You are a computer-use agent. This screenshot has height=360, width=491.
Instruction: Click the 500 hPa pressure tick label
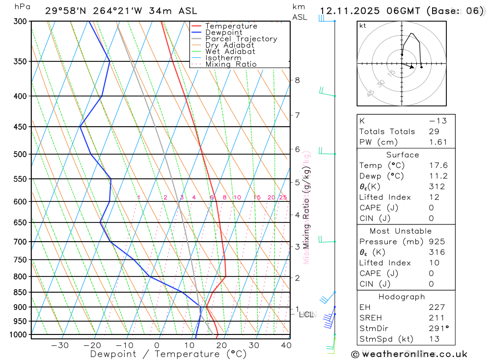pos(20,154)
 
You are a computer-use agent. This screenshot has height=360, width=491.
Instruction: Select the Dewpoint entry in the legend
pos(223,32)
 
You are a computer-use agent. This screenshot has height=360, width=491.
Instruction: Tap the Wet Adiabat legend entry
pos(230,52)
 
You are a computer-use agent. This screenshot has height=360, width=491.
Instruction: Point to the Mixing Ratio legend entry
pos(231,64)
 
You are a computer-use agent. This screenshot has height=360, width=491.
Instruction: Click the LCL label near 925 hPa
pos(306,314)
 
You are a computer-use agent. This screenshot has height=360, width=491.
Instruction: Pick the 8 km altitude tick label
pos(297,80)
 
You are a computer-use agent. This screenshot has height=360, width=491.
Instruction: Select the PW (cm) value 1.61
pos(437,142)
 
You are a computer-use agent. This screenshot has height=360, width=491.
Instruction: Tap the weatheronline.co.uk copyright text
pos(409,354)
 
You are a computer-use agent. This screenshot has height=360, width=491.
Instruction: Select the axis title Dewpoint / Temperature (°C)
pos(168,354)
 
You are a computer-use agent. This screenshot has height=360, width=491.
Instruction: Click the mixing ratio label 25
pos(283,197)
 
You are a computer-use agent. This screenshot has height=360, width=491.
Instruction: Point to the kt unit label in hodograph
pos(363,26)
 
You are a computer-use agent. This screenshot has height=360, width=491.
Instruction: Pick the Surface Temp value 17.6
pos(437,166)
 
